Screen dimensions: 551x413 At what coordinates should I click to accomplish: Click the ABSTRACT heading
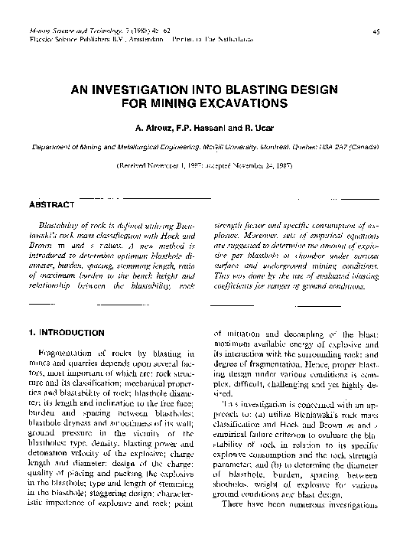(50, 205)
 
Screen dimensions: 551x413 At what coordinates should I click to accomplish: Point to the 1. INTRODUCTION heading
(67, 333)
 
